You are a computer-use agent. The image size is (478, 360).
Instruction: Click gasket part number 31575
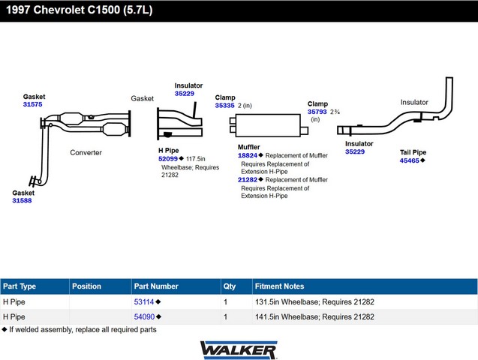click(x=32, y=104)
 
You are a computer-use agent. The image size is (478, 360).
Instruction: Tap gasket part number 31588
click(x=22, y=200)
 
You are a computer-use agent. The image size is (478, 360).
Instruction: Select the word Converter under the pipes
click(x=86, y=152)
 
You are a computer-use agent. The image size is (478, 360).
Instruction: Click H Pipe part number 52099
click(x=168, y=159)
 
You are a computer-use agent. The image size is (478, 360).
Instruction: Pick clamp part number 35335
click(x=224, y=106)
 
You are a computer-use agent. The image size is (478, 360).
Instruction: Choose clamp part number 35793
click(x=317, y=112)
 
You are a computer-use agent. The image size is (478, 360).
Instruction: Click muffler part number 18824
click(x=248, y=155)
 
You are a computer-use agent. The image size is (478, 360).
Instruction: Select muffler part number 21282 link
click(x=248, y=180)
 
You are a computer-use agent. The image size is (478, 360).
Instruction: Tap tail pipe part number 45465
click(x=410, y=160)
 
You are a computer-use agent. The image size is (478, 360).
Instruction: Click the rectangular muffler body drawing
click(x=268, y=125)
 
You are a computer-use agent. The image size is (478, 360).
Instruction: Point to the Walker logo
click(x=239, y=350)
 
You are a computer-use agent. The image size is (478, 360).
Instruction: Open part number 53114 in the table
click(x=144, y=301)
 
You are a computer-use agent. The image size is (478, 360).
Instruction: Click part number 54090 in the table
click(x=145, y=316)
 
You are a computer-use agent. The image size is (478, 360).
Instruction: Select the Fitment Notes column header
click(x=280, y=286)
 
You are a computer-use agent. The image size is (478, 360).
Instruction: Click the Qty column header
click(x=230, y=286)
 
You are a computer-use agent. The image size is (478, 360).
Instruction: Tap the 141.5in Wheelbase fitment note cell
click(x=314, y=316)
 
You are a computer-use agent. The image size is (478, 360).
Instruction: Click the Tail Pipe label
click(x=413, y=152)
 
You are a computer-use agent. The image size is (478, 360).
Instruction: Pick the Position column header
click(x=86, y=286)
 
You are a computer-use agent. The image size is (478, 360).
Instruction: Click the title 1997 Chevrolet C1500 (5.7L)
click(x=80, y=10)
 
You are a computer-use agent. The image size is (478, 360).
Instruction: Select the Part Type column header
click(x=20, y=286)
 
